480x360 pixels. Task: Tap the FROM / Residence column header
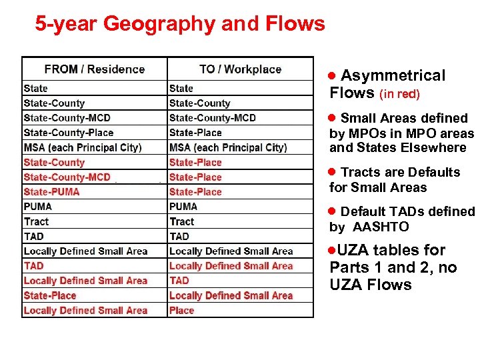coord(94,69)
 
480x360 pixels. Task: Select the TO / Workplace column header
coord(240,69)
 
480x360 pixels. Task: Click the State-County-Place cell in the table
coord(68,133)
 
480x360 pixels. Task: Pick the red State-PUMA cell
coord(51,192)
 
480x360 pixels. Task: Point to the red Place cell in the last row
coord(181,311)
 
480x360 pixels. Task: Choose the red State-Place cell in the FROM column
coord(50,295)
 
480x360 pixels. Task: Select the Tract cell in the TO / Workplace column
coord(181,221)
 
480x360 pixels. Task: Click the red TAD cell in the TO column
coord(179,281)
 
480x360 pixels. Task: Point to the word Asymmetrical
coord(393,76)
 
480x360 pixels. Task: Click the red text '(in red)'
coord(399,95)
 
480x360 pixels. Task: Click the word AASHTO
coord(381,227)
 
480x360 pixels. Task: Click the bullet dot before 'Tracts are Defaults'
coord(333,173)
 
